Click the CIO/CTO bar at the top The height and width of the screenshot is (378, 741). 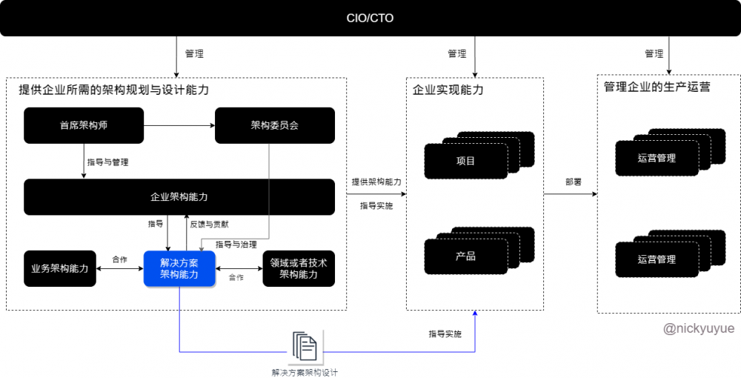370,18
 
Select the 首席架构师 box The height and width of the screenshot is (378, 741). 84,125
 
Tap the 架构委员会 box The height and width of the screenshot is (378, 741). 274,125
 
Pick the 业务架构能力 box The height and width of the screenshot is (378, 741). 60,268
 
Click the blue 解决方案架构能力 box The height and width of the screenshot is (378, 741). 179,268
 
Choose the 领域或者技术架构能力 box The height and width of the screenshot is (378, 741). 299,268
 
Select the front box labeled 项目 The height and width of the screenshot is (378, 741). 465,161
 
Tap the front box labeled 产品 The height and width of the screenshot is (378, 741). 465,256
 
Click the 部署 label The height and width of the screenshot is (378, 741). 573,182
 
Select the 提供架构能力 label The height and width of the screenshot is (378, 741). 376,182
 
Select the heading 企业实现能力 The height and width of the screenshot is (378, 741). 448,90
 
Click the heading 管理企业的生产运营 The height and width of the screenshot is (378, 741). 657,87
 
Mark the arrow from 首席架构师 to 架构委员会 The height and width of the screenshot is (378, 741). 179,125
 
